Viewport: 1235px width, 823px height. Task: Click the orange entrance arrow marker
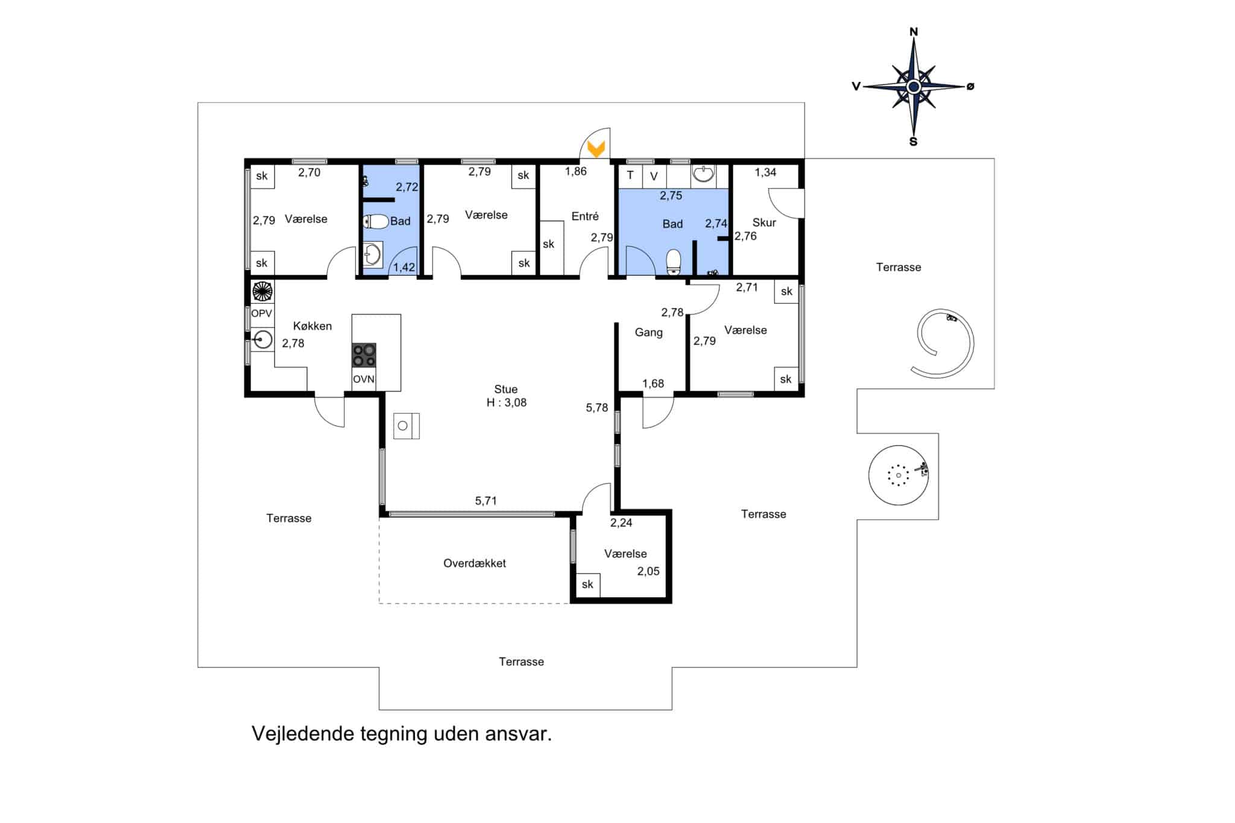coord(596,149)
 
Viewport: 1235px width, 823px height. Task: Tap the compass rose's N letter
coord(914,32)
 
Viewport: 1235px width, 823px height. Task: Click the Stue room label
coord(506,389)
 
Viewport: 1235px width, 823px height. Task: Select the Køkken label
coord(312,326)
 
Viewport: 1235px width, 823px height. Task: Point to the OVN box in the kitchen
coord(364,379)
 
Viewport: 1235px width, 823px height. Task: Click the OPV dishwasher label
coord(262,314)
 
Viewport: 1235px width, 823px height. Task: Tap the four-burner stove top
coord(364,355)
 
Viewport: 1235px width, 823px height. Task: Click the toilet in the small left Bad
coord(376,222)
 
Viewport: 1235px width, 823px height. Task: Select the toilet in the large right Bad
coord(673,262)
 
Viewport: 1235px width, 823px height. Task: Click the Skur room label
coord(764,222)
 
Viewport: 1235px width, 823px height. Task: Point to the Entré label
coord(585,216)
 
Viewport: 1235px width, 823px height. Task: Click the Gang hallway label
coord(649,332)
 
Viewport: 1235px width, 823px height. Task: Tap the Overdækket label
coord(475,563)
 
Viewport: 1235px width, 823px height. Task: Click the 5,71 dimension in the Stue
coord(486,500)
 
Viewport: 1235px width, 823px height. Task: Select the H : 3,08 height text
coord(507,403)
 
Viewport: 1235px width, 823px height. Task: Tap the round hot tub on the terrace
coord(899,475)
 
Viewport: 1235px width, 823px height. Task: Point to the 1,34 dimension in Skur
coord(766,172)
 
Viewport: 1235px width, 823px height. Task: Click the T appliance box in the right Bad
coord(630,176)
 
